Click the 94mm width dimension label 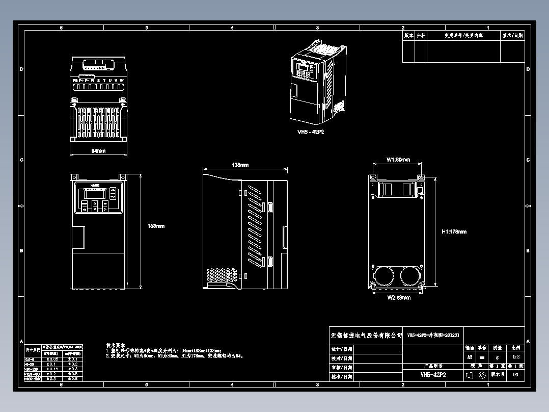click(98, 151)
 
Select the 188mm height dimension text click(156, 226)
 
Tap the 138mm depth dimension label click(240, 165)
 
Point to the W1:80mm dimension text click(398, 160)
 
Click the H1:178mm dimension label click(454, 231)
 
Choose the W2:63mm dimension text click(398, 297)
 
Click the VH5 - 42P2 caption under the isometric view click(311, 132)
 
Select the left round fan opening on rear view click(383, 276)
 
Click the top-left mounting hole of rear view click(373, 177)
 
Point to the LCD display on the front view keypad click(95, 194)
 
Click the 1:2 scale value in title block click(515, 357)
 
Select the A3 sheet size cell click(469, 357)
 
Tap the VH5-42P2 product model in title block click(433, 375)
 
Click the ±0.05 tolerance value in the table click(51, 359)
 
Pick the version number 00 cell click(515, 375)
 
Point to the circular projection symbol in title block click(482, 375)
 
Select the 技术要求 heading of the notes click(115, 345)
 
